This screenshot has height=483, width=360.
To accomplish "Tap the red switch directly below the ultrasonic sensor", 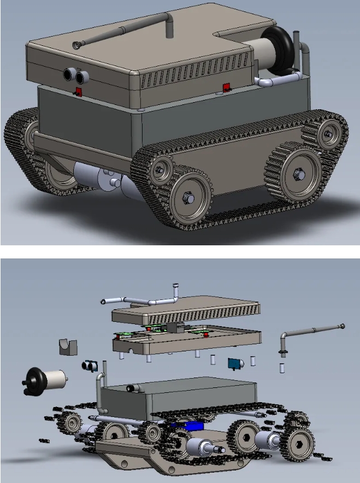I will (x=78, y=91).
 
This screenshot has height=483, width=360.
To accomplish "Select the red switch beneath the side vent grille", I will (x=225, y=87).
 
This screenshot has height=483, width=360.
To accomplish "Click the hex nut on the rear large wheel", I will (x=298, y=174).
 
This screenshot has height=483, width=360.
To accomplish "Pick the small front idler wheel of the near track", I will (x=161, y=168).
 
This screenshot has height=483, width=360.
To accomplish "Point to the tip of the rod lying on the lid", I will (x=76, y=45).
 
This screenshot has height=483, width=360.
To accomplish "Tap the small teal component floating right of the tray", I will (x=235, y=363).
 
